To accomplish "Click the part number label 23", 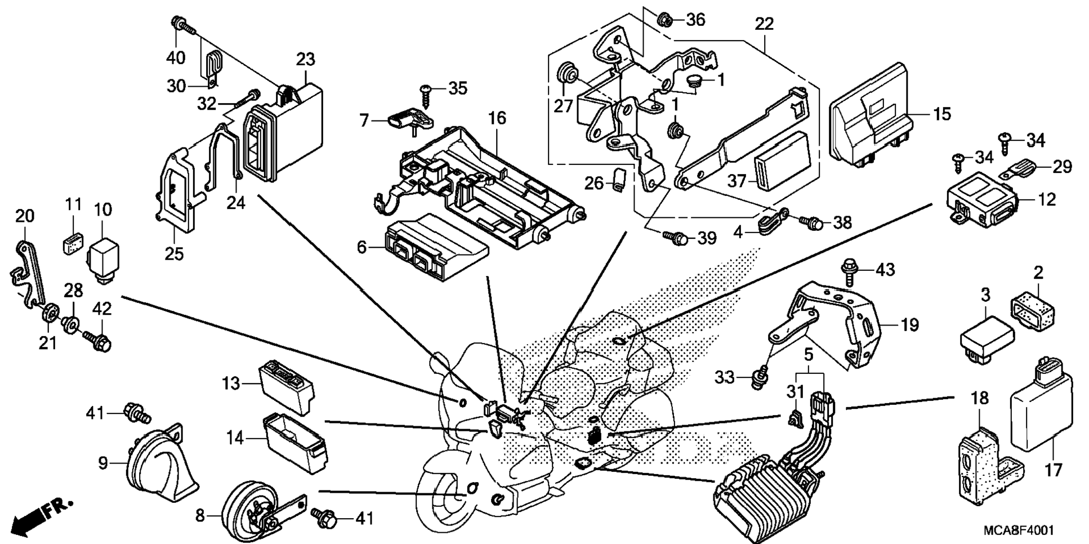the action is [x=306, y=60].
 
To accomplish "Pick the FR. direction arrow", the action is [x=42, y=515].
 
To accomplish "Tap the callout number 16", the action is [x=498, y=119].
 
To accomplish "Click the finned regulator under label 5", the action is [x=765, y=489].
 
